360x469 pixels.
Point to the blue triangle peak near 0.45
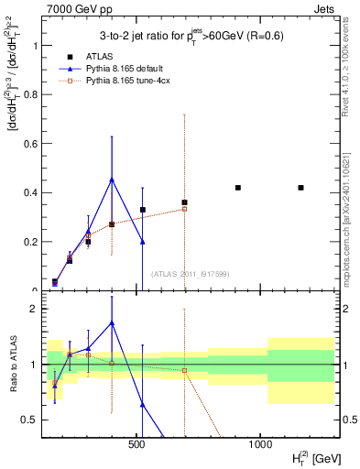pos(112,180)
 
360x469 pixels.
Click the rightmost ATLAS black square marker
pos(301,188)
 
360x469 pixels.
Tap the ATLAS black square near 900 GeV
pos(238,188)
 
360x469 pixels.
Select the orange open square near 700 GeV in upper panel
pos(184,209)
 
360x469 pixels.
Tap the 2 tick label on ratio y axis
pos(35,309)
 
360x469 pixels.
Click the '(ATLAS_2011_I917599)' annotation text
pos(189,274)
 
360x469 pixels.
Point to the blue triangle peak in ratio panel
pos(112,322)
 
